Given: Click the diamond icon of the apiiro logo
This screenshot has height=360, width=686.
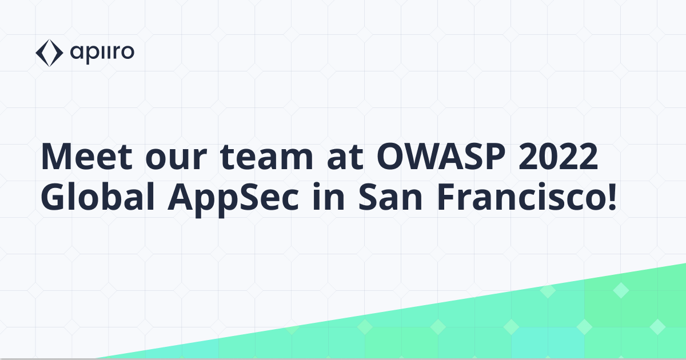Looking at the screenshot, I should pyautogui.click(x=48, y=53).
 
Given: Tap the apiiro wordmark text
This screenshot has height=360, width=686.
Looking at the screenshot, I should pyautogui.click(x=103, y=53).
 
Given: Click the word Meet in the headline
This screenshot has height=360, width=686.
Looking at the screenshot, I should pyautogui.click(x=81, y=157).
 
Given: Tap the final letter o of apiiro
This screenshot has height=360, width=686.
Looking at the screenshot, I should pyautogui.click(x=127, y=54).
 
